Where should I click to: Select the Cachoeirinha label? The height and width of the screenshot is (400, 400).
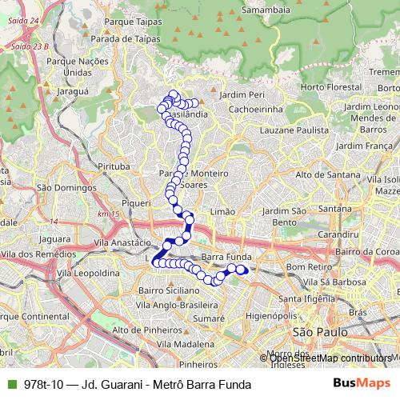[x=252, y=108]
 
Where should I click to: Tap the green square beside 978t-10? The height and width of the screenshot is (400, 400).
[x=10, y=384]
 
